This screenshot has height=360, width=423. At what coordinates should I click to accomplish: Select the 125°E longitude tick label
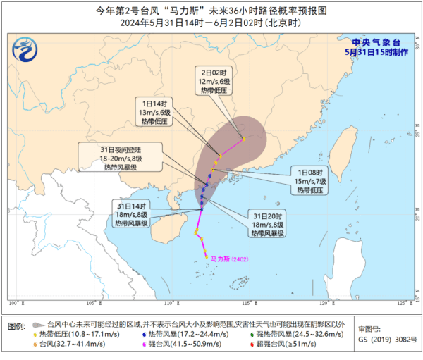403,303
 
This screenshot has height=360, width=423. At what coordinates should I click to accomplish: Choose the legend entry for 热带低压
73,333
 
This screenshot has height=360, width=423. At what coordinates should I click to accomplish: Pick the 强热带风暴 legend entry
286,333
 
